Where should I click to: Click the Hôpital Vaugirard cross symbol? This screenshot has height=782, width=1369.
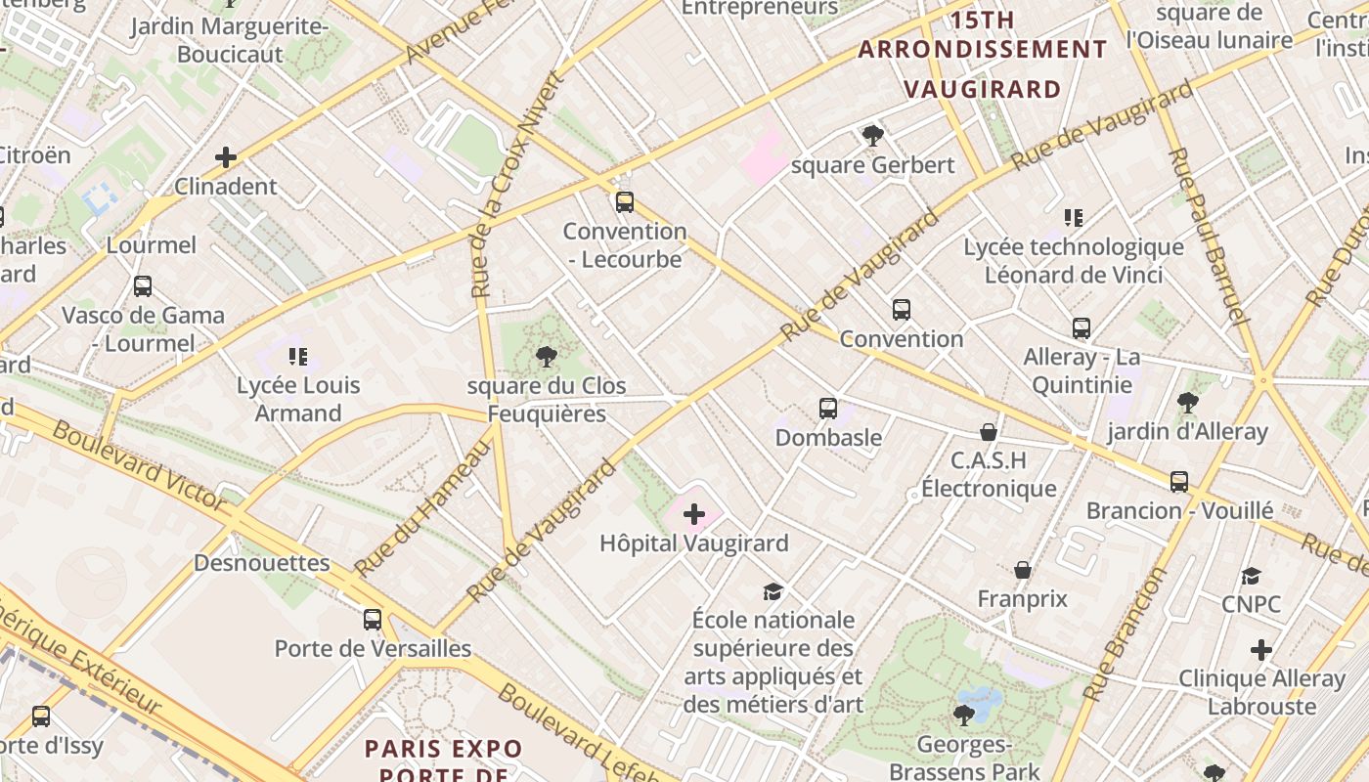point(693,514)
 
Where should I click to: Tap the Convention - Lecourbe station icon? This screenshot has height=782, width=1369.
point(624,202)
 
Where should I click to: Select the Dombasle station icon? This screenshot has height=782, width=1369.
point(828,409)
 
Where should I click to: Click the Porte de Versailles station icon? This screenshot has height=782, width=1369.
point(372,619)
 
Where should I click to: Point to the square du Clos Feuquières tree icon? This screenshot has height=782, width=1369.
point(546,357)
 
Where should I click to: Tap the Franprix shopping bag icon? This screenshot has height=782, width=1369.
point(1022,570)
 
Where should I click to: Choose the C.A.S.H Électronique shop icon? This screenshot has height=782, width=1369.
point(989,431)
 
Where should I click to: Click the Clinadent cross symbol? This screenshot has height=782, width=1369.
point(226,156)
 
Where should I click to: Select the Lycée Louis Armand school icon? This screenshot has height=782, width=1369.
point(298,356)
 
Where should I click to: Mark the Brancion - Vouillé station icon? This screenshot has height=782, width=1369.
point(1179,481)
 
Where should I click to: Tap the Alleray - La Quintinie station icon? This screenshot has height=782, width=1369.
point(1081,328)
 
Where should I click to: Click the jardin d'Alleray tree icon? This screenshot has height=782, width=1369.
point(1187,402)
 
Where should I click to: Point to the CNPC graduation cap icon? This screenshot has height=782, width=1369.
point(1251,576)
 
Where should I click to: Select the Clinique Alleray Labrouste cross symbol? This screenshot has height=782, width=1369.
point(1261,649)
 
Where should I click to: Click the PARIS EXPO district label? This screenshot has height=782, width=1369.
point(443,749)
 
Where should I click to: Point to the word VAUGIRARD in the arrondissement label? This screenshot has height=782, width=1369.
point(982,89)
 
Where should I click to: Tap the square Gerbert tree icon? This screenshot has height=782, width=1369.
point(872,136)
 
